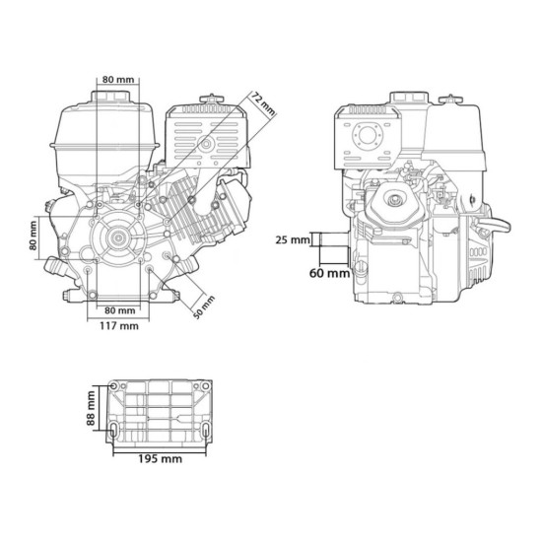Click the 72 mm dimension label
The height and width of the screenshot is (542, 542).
[x=263, y=103]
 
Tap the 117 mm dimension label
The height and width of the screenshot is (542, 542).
[x=119, y=326]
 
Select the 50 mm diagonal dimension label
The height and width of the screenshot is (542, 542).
[x=204, y=307]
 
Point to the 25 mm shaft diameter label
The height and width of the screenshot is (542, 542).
[x=293, y=239]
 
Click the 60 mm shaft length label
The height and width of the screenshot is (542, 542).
[x=329, y=273]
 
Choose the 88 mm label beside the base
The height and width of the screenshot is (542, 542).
[x=91, y=408]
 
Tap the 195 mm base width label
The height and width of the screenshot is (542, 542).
[x=160, y=459]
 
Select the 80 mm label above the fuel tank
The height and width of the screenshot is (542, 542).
[x=118, y=80]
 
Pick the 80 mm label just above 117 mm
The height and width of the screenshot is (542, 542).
[x=120, y=310]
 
